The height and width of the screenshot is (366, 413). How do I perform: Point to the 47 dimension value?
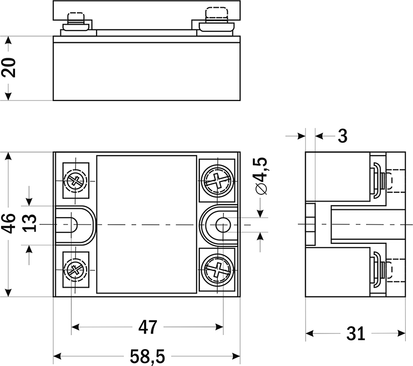tap(147, 327)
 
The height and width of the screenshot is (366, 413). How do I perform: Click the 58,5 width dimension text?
tap(147, 356)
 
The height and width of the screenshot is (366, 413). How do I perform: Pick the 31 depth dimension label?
tap(355, 334)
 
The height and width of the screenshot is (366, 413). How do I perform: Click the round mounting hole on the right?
tap(223, 224)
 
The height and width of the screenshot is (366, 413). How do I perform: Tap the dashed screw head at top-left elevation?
tap(75, 15)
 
